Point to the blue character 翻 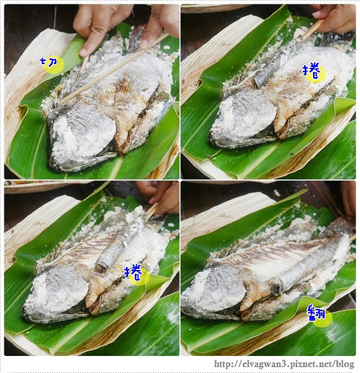(319, 313)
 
